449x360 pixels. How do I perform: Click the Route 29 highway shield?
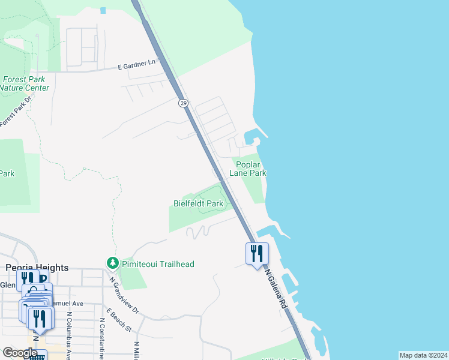pyautogui.click(x=183, y=103)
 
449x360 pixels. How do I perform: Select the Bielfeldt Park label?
pyautogui.click(x=198, y=204)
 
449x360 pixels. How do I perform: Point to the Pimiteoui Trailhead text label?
pyautogui.click(x=158, y=264)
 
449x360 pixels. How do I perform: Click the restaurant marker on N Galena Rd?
pyautogui.click(x=257, y=253)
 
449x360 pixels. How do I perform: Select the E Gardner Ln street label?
pyautogui.click(x=137, y=65)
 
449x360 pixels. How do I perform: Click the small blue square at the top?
pyautogui.click(x=103, y=10)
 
